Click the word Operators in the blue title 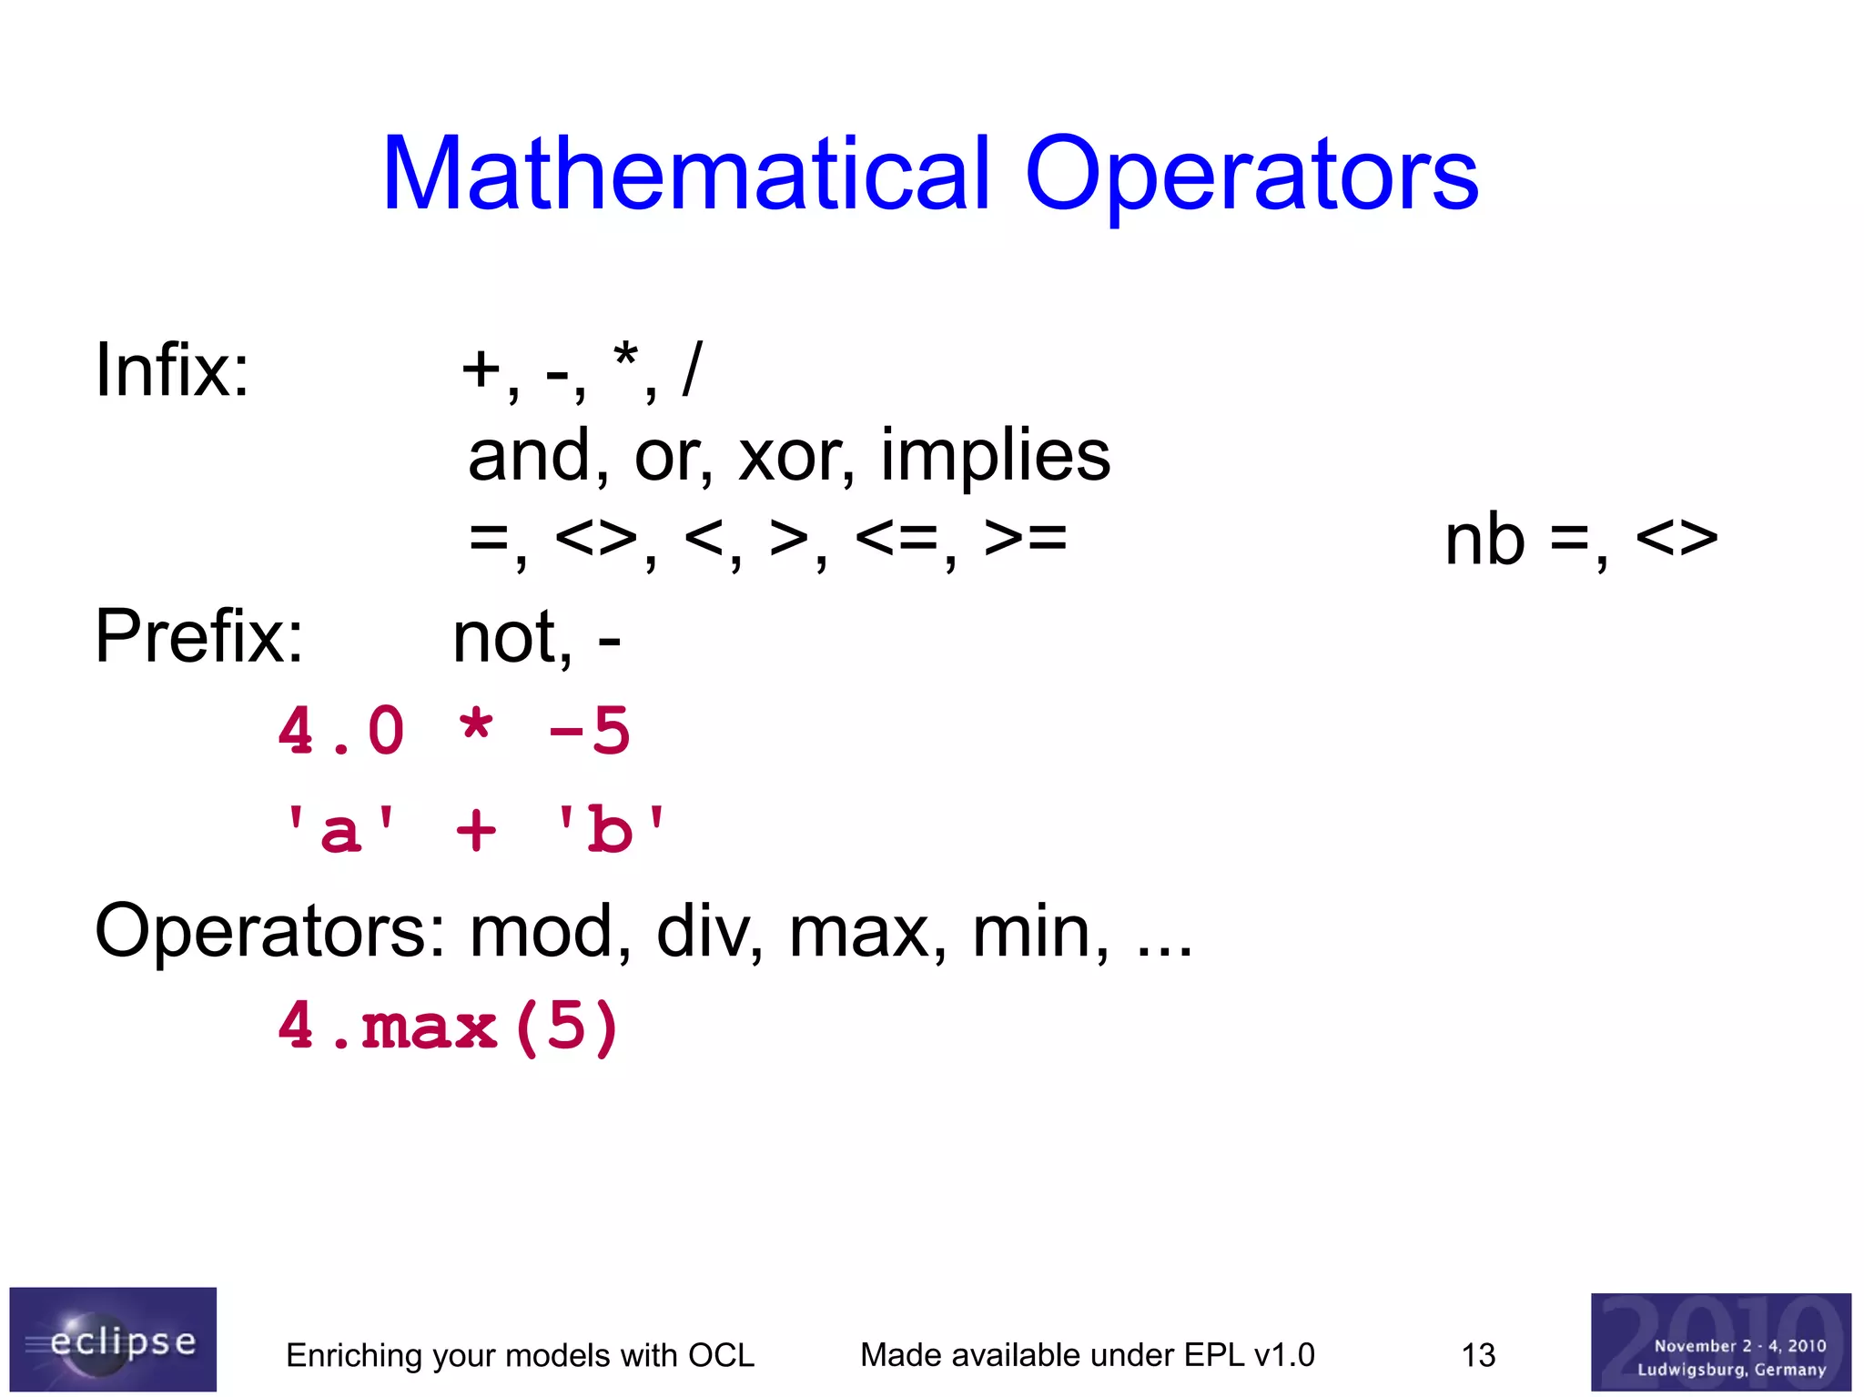[1251, 175]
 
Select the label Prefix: [198, 636]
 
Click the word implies [995, 456]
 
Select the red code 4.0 [341, 731]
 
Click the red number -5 [589, 731]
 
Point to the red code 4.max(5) [449, 1027]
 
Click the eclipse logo [113, 1338]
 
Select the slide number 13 [1478, 1355]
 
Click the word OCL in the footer [721, 1355]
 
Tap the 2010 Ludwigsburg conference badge [1720, 1341]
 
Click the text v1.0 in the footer [1283, 1355]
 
